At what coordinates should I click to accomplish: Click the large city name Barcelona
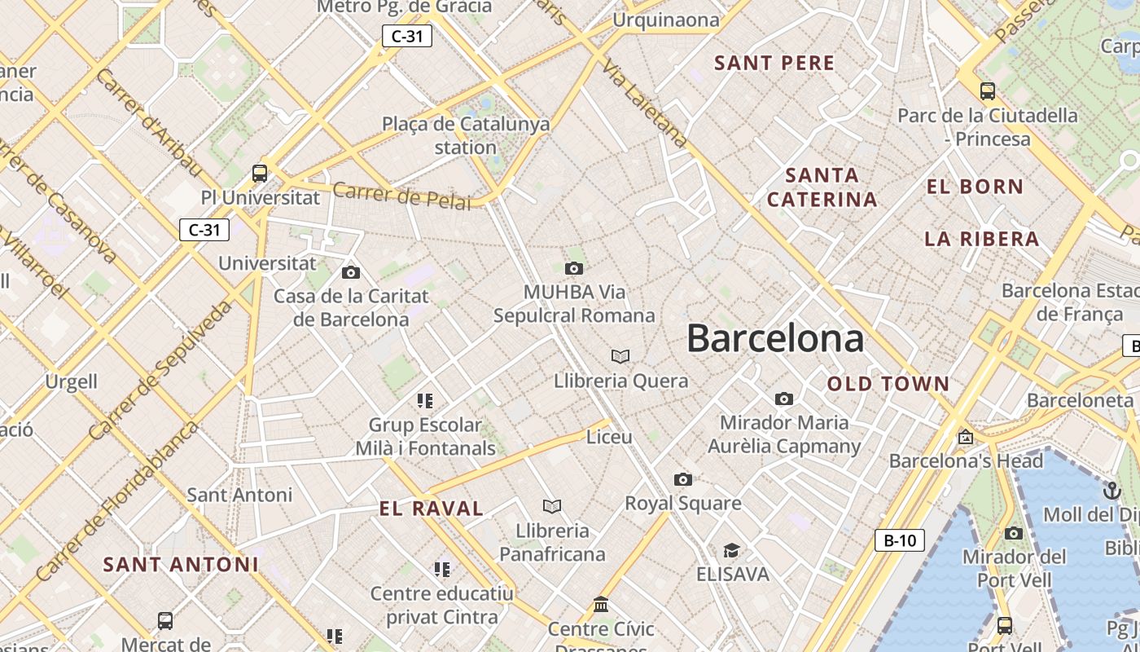click(774, 338)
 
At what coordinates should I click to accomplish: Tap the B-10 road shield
click(900, 540)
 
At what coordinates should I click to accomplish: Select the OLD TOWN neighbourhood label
click(888, 384)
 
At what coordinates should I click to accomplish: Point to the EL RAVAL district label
click(432, 509)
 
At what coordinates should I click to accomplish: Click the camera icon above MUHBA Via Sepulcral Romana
click(574, 268)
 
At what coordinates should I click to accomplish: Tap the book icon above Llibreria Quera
click(620, 356)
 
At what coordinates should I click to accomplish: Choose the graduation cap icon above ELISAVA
click(731, 550)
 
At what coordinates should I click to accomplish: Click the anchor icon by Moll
click(1111, 491)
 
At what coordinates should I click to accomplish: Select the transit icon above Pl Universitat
click(260, 173)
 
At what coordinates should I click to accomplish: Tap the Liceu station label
click(609, 437)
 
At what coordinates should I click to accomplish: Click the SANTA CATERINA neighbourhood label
click(822, 187)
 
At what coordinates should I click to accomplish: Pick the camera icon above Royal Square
click(682, 479)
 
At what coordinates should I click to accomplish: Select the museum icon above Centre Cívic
click(601, 604)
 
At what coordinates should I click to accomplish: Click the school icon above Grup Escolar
click(424, 400)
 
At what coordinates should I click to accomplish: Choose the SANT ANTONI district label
click(181, 564)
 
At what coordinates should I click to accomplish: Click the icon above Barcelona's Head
click(966, 437)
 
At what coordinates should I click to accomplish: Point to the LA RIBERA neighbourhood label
click(981, 239)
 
